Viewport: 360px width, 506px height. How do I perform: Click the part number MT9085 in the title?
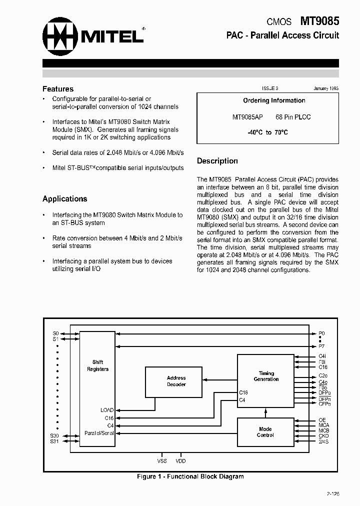pyautogui.click(x=319, y=21)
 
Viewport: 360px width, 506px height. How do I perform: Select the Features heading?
pyautogui.click(x=58, y=89)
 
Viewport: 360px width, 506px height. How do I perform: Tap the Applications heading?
pyautogui.click(x=65, y=199)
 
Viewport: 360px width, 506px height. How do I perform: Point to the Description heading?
pyautogui.click(x=217, y=161)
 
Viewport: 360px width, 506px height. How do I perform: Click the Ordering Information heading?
pyautogui.click(x=274, y=100)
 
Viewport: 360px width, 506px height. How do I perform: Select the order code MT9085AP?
pyautogui.click(x=247, y=117)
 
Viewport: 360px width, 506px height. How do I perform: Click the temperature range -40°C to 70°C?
pyautogui.click(x=267, y=132)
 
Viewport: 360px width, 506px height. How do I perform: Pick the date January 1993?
pyautogui.click(x=326, y=88)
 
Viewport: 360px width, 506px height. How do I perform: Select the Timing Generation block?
pyautogui.click(x=266, y=376)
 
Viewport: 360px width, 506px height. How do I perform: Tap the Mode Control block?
pyautogui.click(x=265, y=432)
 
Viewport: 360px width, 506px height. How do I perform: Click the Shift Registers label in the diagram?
pyautogui.click(x=97, y=365)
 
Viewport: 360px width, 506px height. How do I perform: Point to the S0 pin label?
pyautogui.click(x=55, y=333)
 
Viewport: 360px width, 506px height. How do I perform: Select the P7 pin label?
pyautogui.click(x=321, y=345)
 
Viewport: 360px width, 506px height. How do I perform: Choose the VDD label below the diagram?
pyautogui.click(x=180, y=461)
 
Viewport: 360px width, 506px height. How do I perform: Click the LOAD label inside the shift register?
pyautogui.click(x=107, y=410)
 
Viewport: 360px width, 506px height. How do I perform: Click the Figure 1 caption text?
pyautogui.click(x=190, y=476)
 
